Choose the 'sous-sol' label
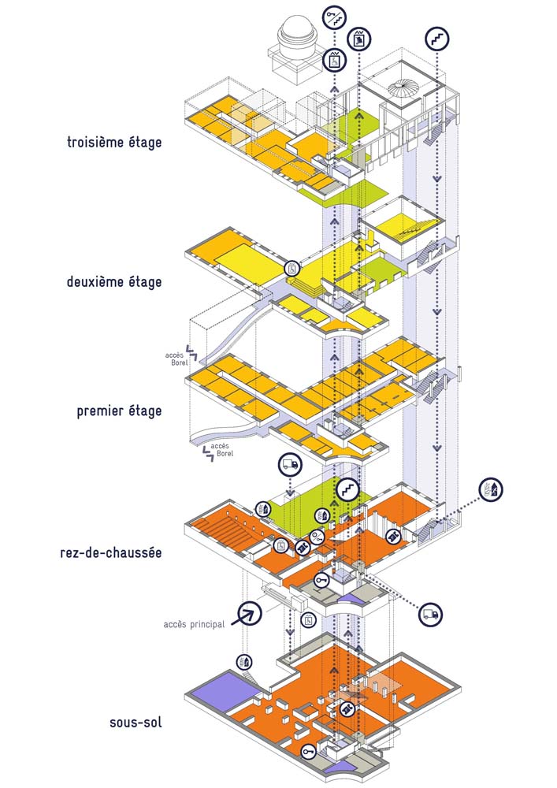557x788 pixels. point(136,721)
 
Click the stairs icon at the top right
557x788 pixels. point(436,37)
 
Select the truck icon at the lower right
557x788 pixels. point(430,614)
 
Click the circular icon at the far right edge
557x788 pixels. point(491,489)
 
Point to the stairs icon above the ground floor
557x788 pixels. point(346,489)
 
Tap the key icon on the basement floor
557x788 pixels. point(307,753)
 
